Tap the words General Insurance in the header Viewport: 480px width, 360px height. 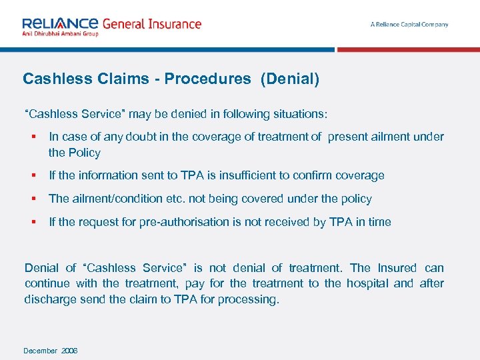point(151,24)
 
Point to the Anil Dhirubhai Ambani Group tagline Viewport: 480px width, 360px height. point(60,33)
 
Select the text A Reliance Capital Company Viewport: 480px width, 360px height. point(409,25)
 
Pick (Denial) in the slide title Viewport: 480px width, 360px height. point(290,79)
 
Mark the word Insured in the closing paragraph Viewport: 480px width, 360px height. point(397,268)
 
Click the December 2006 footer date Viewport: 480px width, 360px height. point(51,351)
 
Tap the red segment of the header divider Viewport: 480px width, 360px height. point(408,49)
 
